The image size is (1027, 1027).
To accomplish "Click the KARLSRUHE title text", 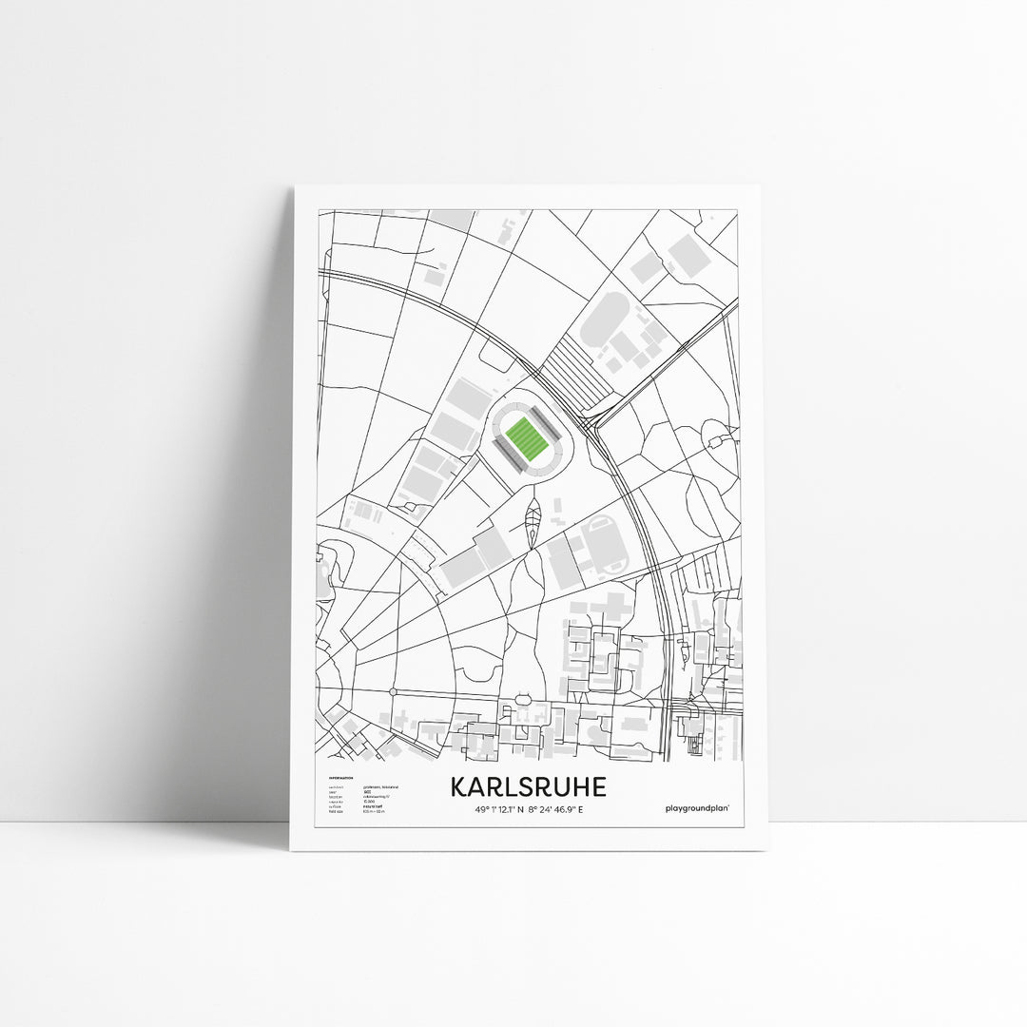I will point(528,788).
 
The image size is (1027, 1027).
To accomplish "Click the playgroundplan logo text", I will point(703,807).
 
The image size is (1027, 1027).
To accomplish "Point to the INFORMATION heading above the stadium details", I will point(340,778).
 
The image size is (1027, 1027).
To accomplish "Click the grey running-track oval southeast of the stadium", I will point(606,543).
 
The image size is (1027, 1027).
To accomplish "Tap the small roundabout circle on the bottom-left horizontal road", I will point(392,691).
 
